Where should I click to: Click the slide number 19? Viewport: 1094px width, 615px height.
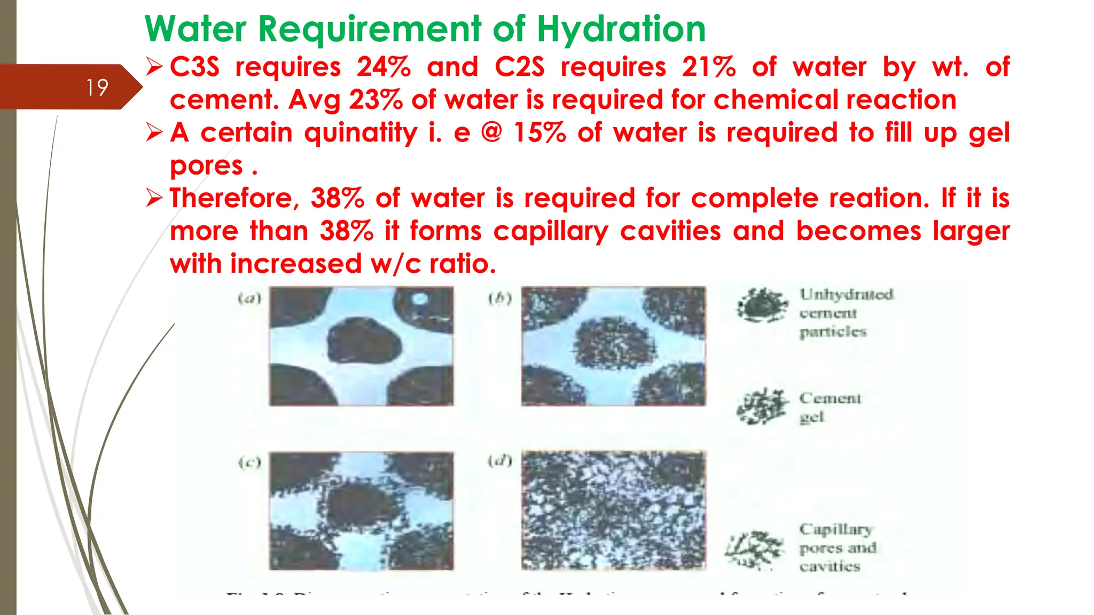tap(97, 88)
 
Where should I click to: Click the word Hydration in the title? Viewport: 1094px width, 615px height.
tap(621, 29)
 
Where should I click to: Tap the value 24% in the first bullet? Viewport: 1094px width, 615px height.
tap(384, 67)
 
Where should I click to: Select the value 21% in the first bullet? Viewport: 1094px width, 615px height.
tap(708, 67)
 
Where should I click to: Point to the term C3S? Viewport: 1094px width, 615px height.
tap(194, 67)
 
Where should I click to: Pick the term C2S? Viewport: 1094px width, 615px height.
tap(519, 67)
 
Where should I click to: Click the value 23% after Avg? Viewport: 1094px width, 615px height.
tap(376, 100)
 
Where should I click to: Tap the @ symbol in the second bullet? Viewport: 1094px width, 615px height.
tap(491, 132)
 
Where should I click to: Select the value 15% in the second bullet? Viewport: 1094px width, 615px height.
tap(539, 132)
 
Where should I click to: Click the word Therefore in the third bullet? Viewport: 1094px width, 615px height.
tap(231, 198)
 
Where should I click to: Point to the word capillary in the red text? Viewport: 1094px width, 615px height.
tap(551, 232)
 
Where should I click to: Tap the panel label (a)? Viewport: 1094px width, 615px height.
tap(249, 298)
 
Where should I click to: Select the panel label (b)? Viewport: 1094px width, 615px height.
tap(500, 298)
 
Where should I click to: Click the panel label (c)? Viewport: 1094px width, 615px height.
tap(249, 462)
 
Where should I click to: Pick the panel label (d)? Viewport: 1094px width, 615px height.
tap(500, 460)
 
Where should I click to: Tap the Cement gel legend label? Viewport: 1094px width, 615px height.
tap(830, 407)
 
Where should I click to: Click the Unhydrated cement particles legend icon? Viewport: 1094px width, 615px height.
tap(762, 305)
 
